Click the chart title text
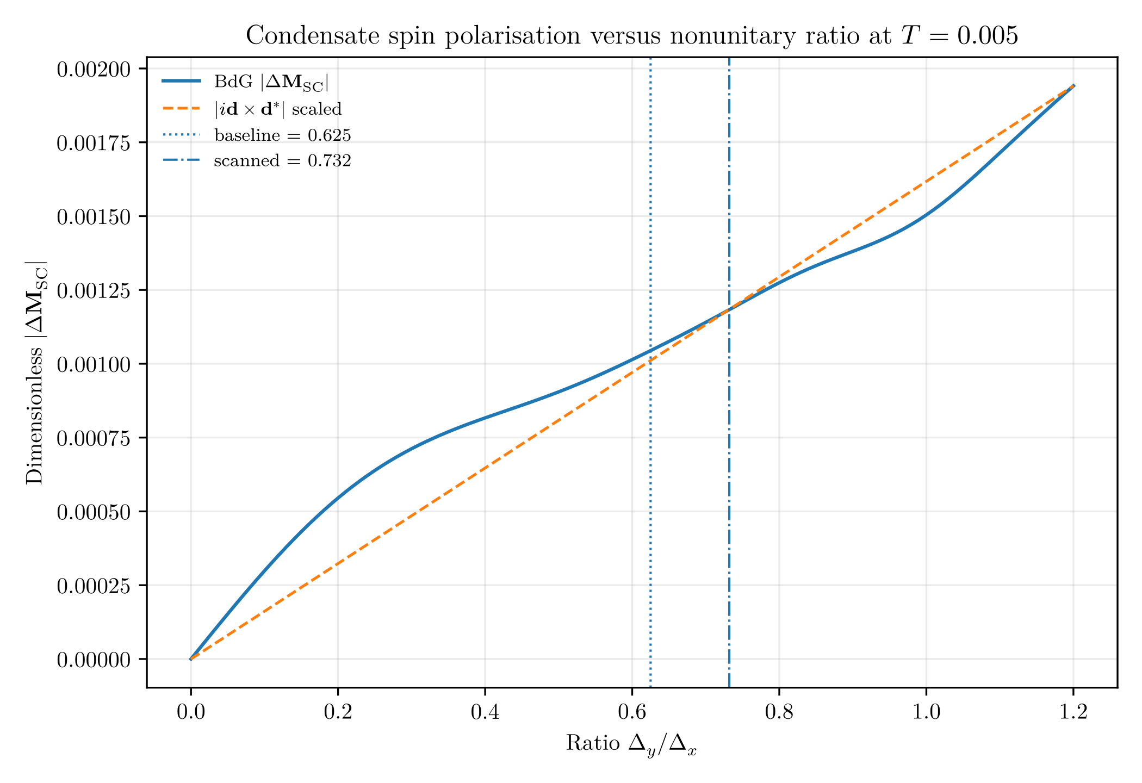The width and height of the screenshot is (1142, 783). tap(632, 36)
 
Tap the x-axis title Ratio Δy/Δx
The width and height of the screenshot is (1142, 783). tap(632, 744)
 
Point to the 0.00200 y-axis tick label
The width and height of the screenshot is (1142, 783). tap(94, 69)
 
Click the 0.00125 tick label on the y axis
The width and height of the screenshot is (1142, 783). tap(94, 290)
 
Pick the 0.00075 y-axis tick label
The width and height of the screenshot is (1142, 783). tap(94, 438)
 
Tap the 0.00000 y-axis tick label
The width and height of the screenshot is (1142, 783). tap(94, 660)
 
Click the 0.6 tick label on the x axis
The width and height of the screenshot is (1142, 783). tap(632, 712)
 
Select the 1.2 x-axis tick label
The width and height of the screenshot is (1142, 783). tap(1073, 712)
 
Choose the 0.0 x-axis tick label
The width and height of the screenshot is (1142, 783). tap(191, 712)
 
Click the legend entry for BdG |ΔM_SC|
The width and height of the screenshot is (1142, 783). tap(245, 82)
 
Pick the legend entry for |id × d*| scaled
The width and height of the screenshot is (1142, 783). tap(252, 109)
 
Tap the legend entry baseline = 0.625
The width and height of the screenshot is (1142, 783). tap(256, 135)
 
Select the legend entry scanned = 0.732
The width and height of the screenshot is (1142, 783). tap(256, 161)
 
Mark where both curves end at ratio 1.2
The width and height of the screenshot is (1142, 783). tap(1073, 85)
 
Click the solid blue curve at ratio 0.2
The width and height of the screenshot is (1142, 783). tap(338, 497)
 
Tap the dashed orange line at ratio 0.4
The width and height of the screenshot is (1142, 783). tap(485, 468)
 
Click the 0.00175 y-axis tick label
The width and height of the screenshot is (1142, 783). tap(94, 142)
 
